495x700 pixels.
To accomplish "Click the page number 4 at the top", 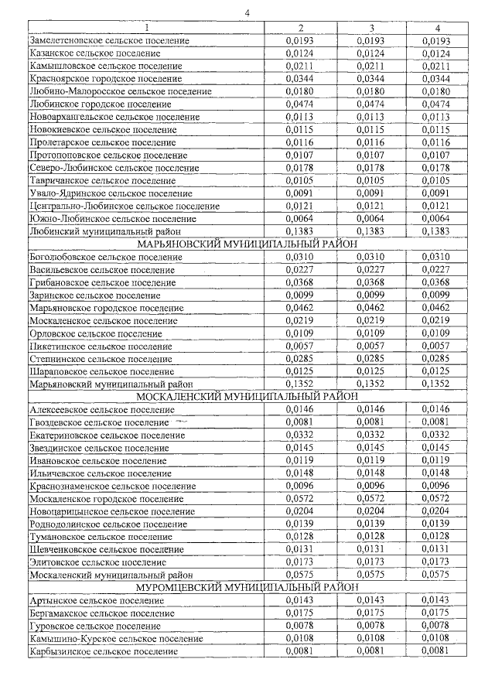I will click(x=247, y=12).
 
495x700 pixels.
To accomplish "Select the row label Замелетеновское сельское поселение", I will click(x=109, y=40).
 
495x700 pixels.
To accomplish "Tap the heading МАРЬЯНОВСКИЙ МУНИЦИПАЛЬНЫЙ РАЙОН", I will click(x=247, y=244).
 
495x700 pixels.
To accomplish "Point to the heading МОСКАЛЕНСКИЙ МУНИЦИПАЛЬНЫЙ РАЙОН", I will click(x=247, y=395).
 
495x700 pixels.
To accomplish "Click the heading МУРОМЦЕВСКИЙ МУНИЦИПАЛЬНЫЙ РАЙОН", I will click(x=247, y=587).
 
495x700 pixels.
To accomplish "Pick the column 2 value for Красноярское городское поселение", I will click(x=298, y=79).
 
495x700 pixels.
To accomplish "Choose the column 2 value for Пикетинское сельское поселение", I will click(x=298, y=346).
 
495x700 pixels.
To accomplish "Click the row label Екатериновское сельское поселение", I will click(x=107, y=435).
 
